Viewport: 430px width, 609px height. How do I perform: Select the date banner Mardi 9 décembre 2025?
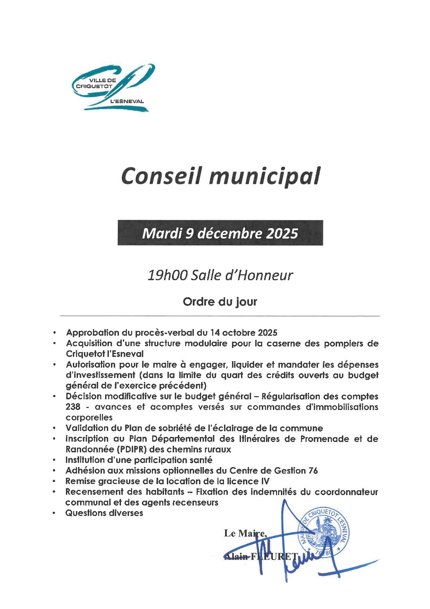pos(220,233)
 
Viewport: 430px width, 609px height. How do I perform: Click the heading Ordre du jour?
pos(220,301)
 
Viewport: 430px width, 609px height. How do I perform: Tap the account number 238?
pos(73,407)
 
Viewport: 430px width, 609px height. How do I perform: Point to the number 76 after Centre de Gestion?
pos(313,471)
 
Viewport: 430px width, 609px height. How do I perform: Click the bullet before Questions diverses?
pos(54,513)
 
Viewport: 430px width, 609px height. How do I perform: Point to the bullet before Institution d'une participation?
pos(54,460)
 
